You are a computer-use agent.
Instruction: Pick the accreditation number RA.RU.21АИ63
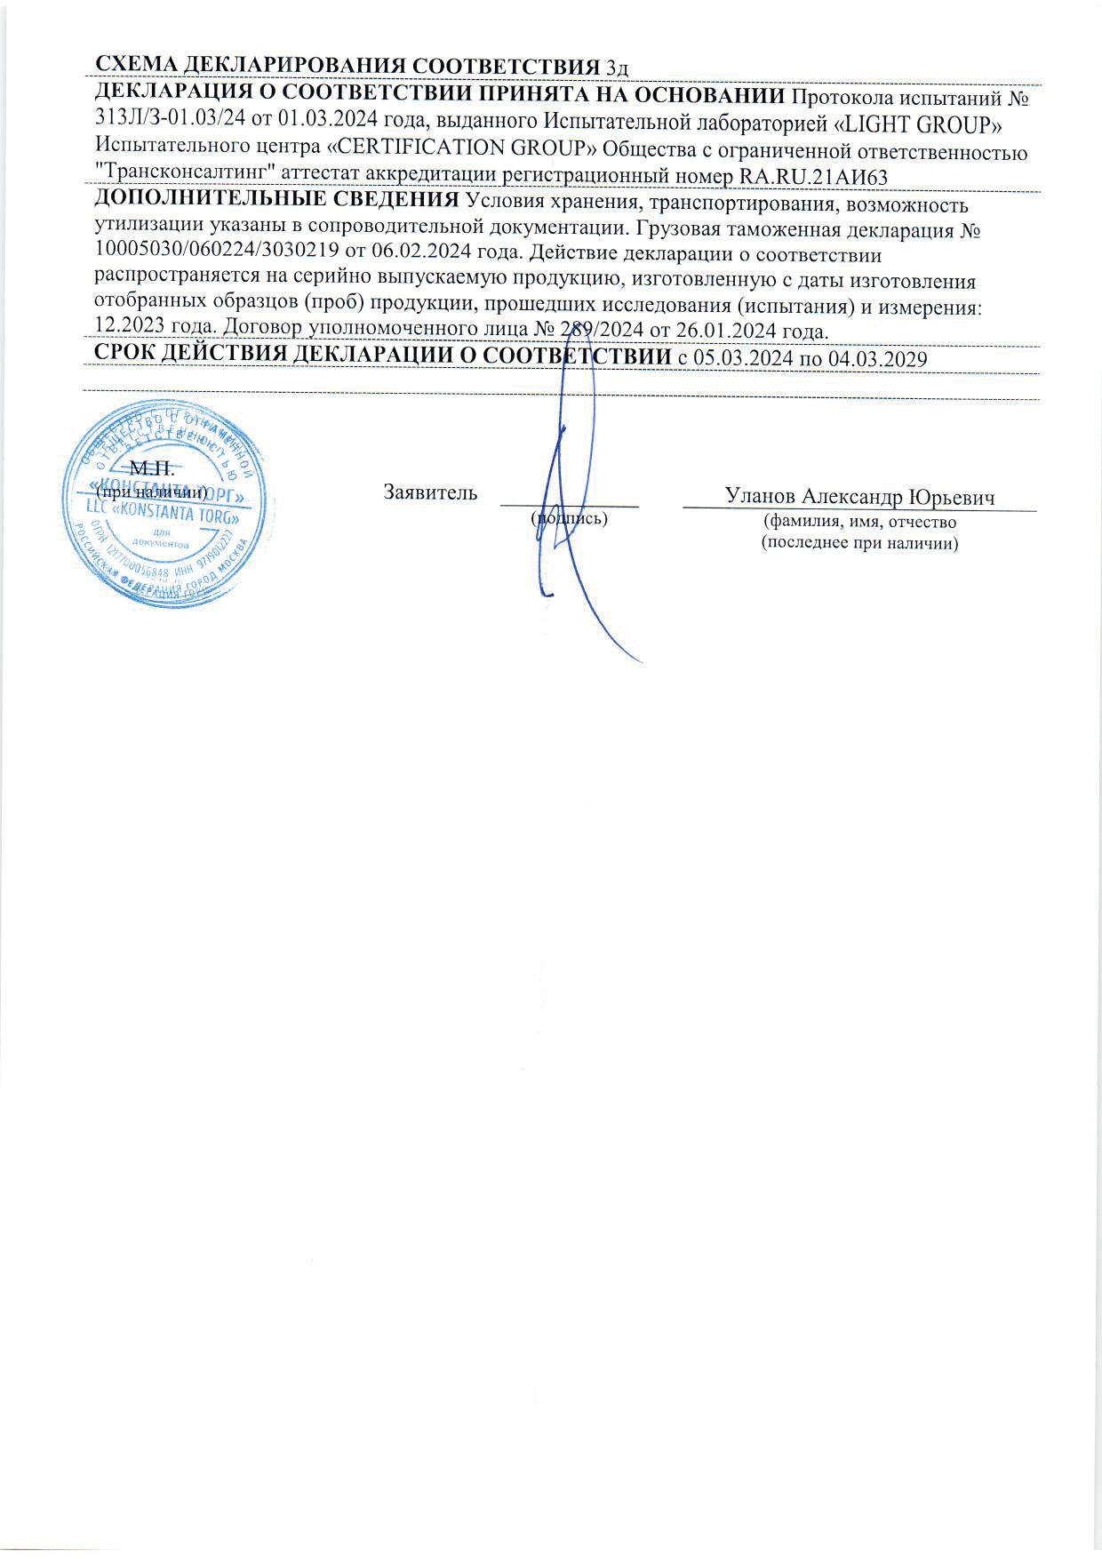point(813,176)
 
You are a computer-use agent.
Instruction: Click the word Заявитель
point(430,492)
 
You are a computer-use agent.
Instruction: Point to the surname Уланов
point(762,496)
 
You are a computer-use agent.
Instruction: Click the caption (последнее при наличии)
point(859,543)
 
